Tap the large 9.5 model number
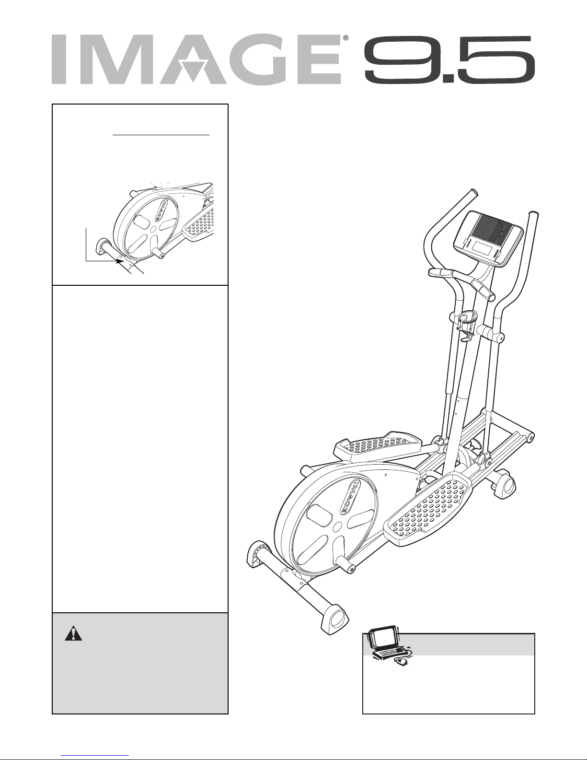click(x=449, y=59)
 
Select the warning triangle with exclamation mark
click(x=73, y=634)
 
